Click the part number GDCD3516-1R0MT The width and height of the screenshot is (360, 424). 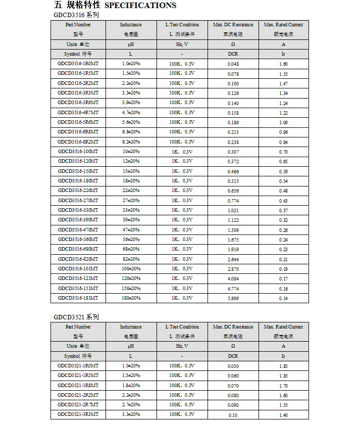point(78,64)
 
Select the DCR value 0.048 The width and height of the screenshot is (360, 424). point(233,64)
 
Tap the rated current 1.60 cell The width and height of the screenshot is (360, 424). point(283,64)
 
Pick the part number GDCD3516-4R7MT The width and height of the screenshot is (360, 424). point(78,113)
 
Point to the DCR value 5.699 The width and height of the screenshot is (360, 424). point(233,298)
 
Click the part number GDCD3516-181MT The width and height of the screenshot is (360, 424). point(78,298)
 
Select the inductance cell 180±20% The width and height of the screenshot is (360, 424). point(131,298)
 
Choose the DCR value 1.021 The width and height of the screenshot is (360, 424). point(233,210)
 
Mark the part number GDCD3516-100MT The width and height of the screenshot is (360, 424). point(78,152)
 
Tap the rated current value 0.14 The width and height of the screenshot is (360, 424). point(283,298)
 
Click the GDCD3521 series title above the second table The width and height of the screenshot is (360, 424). point(76,317)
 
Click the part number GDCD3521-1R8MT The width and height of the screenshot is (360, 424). point(78,385)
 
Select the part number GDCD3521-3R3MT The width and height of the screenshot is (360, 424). point(78,414)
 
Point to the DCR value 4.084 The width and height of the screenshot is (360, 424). point(233,278)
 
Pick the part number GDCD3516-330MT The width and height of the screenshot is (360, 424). point(78,210)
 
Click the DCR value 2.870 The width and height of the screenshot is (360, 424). point(233,269)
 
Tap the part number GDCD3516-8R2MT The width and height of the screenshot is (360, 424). point(78,142)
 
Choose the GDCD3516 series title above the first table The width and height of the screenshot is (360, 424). point(76,15)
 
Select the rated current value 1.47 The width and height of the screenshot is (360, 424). point(283,83)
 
